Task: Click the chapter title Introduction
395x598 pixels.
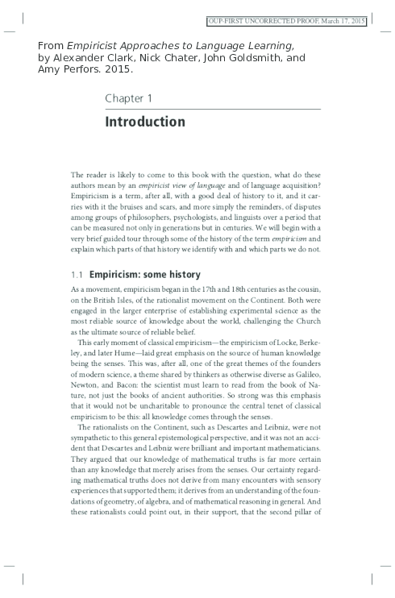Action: tap(145, 123)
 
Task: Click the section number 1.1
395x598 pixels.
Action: tap(77, 274)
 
